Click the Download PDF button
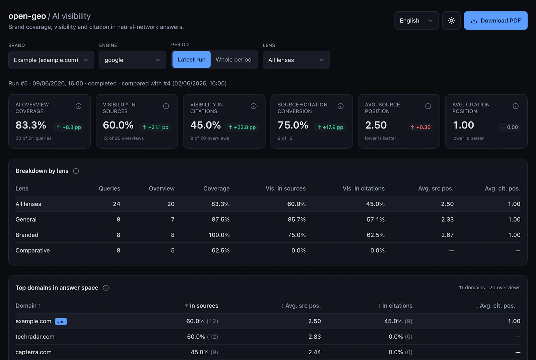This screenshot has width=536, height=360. pyautogui.click(x=495, y=20)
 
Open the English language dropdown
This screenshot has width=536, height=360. pyautogui.click(x=416, y=20)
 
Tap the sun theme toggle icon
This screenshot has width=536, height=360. pyautogui.click(x=451, y=20)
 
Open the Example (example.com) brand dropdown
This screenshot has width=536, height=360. pyautogui.click(x=51, y=60)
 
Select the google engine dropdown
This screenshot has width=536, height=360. pyautogui.click(x=133, y=60)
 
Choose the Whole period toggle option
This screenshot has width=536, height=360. pyautogui.click(x=233, y=59)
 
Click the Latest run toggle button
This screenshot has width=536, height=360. pyautogui.click(x=191, y=59)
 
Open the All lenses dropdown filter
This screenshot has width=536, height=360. pyautogui.click(x=296, y=60)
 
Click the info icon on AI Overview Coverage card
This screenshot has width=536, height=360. pyautogui.click(x=78, y=106)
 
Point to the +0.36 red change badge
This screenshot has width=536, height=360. pyautogui.click(x=420, y=127)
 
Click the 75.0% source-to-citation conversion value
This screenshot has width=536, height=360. pyautogui.click(x=293, y=125)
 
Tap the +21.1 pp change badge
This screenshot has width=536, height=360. pyautogui.click(x=155, y=127)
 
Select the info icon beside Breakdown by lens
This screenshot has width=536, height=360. pyautogui.click(x=76, y=171)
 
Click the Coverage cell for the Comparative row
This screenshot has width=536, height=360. pyautogui.click(x=221, y=250)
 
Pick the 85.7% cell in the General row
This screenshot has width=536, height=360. pyautogui.click(x=297, y=219)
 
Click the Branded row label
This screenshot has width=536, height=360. pyautogui.click(x=27, y=235)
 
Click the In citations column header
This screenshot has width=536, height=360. pyautogui.click(x=395, y=306)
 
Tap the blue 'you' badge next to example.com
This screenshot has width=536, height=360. pyautogui.click(x=61, y=321)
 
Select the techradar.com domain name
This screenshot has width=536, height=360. pyautogui.click(x=35, y=337)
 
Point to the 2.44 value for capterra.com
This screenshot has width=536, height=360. pyautogui.click(x=315, y=352)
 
